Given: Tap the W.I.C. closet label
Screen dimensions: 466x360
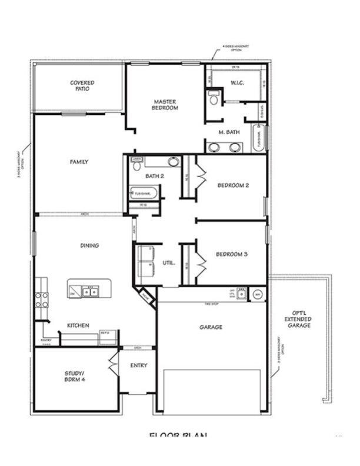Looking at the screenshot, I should click(237, 82).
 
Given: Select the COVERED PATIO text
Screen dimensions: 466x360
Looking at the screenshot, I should click(82, 86).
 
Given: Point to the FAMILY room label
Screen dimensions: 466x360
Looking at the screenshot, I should click(79, 162).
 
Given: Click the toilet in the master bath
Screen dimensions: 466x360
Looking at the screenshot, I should click(213, 97).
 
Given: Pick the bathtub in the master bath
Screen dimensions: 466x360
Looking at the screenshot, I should click(258, 139).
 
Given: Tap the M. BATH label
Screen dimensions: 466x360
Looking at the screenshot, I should click(229, 132).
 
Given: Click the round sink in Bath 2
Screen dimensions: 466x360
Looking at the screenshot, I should click(173, 162).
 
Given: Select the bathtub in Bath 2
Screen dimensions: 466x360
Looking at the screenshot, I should click(144, 193).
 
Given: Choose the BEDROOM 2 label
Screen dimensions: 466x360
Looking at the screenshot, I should click(233, 185).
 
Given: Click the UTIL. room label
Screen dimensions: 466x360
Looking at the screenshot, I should click(168, 263).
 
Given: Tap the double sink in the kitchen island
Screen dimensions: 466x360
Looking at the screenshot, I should click(90, 291).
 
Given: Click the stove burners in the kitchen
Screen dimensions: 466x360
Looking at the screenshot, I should click(41, 300).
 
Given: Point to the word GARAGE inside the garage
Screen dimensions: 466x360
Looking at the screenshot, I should click(211, 327).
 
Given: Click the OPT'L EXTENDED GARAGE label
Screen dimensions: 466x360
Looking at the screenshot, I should click(298, 319).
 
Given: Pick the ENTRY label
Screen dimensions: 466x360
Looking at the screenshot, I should click(138, 365).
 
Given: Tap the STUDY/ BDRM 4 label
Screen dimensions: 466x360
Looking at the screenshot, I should click(75, 377).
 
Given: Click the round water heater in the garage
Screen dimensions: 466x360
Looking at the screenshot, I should click(258, 293).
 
